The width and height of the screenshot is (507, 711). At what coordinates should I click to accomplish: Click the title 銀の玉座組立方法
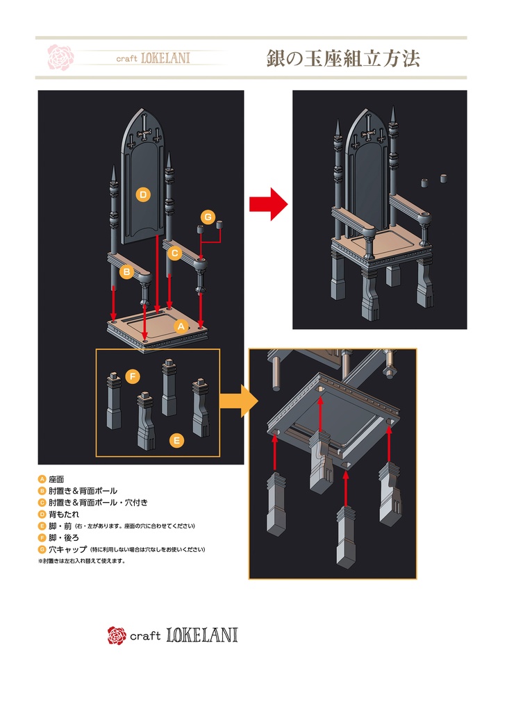(x=342, y=58)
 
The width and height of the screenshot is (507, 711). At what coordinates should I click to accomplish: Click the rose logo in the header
(x=60, y=57)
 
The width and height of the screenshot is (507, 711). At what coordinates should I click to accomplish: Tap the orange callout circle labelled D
(x=142, y=195)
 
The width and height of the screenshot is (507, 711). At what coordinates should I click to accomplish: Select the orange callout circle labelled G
(x=208, y=217)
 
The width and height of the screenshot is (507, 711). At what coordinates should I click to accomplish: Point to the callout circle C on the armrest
(x=175, y=253)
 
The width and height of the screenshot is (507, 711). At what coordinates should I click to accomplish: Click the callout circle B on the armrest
(x=126, y=272)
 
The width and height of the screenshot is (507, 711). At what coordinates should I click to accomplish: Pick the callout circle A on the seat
(x=179, y=325)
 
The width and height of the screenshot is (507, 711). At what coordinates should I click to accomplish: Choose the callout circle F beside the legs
(x=133, y=377)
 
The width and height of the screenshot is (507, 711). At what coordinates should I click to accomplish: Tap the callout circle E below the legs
(x=177, y=440)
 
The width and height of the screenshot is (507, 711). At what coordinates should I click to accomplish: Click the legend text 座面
(x=56, y=479)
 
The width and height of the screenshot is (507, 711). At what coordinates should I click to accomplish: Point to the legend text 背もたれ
(x=64, y=515)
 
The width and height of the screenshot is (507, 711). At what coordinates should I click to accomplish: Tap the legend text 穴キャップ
(x=68, y=550)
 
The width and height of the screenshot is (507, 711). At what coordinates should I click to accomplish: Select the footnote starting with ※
(x=81, y=561)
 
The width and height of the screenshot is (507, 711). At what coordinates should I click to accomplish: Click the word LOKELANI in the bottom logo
(x=202, y=635)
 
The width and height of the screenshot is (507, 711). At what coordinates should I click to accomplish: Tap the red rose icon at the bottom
(x=116, y=635)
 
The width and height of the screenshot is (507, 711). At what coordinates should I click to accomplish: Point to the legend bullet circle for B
(x=42, y=491)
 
